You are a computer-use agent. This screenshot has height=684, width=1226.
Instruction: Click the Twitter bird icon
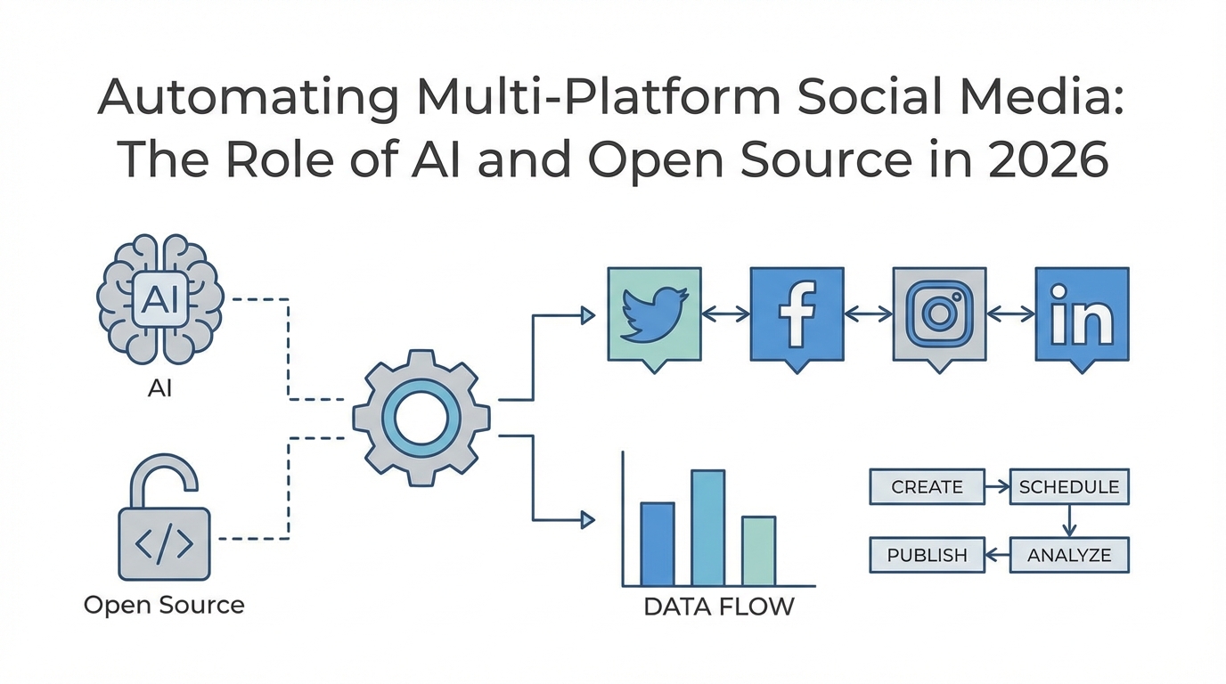(654, 314)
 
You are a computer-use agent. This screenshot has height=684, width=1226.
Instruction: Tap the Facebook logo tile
(797, 314)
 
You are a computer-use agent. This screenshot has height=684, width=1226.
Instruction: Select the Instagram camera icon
(939, 314)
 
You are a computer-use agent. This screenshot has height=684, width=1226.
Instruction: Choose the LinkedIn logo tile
(1082, 314)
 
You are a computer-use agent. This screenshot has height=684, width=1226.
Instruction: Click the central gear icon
(421, 418)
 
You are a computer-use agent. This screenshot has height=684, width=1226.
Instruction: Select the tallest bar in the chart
(707, 527)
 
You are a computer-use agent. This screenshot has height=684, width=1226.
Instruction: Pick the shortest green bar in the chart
(758, 550)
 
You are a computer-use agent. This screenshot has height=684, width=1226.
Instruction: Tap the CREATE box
(927, 487)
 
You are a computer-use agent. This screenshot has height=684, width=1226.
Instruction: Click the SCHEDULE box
(1069, 487)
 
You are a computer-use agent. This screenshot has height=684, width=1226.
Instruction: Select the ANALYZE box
(1069, 555)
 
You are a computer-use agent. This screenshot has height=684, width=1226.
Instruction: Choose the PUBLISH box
(927, 555)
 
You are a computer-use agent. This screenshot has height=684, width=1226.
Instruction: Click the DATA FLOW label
(719, 607)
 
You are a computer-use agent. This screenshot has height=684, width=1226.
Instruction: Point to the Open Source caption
(164, 606)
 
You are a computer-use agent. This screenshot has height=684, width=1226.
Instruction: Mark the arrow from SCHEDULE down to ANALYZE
(1069, 521)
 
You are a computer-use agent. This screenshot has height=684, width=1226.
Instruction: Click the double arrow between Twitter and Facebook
(725, 313)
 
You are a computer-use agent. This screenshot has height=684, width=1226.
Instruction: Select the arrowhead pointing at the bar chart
(587, 519)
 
